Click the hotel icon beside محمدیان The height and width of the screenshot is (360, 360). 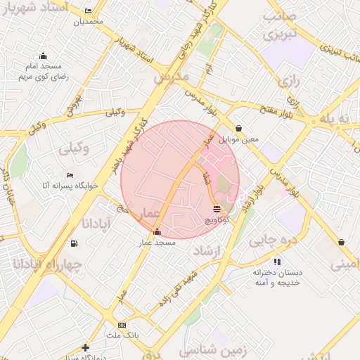[x=88, y=11]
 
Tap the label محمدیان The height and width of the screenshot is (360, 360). [x=88, y=21]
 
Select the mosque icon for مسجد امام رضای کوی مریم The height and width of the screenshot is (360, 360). [x=43, y=56]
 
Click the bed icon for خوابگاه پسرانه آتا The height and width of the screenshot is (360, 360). [x=70, y=175]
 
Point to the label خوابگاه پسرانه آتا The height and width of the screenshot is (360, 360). [x=70, y=185]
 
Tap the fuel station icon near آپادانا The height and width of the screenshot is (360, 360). [x=74, y=243]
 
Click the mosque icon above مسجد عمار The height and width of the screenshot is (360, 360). [x=156, y=232]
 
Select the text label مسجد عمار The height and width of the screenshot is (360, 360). [x=156, y=242]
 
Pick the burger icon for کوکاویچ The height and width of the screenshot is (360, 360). [x=216, y=209]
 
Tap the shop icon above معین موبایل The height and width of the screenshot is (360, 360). [x=240, y=129]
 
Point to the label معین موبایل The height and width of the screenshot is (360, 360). [x=240, y=139]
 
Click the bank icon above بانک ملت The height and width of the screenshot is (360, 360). [x=122, y=326]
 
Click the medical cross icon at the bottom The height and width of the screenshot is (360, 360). [x=85, y=347]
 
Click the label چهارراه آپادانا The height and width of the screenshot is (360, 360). [x=48, y=264]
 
